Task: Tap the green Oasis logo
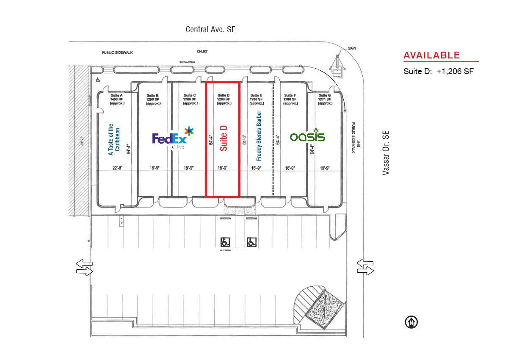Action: point(307,136)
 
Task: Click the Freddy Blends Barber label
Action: point(259,136)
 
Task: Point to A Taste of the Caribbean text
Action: point(114,140)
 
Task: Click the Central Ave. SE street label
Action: point(210,30)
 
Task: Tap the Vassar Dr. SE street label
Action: point(386,153)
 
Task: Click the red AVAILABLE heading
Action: point(431,55)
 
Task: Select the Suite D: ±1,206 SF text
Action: point(439,72)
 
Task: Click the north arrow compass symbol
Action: point(411,322)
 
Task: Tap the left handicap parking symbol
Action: point(225,242)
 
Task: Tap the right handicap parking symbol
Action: point(252,242)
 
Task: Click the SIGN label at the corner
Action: point(352,48)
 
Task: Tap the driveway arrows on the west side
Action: point(84,268)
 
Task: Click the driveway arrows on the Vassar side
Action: point(365,267)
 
